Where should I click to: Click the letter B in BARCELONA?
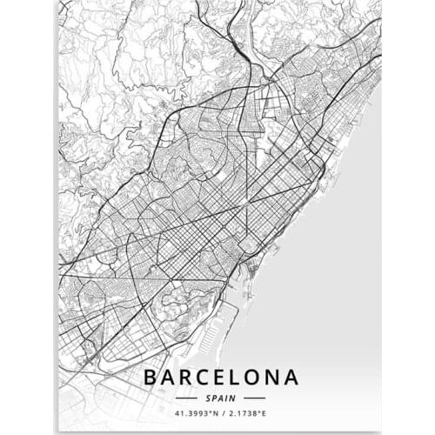[x=151, y=378]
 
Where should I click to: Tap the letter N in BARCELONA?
[x=275, y=378]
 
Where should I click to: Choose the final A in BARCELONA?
[x=292, y=378]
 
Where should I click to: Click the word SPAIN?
[x=221, y=396]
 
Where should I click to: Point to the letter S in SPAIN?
[x=210, y=396]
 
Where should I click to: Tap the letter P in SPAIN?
[x=216, y=396]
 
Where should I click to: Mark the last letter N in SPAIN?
[x=232, y=396]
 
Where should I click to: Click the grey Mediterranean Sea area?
[x=339, y=261]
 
